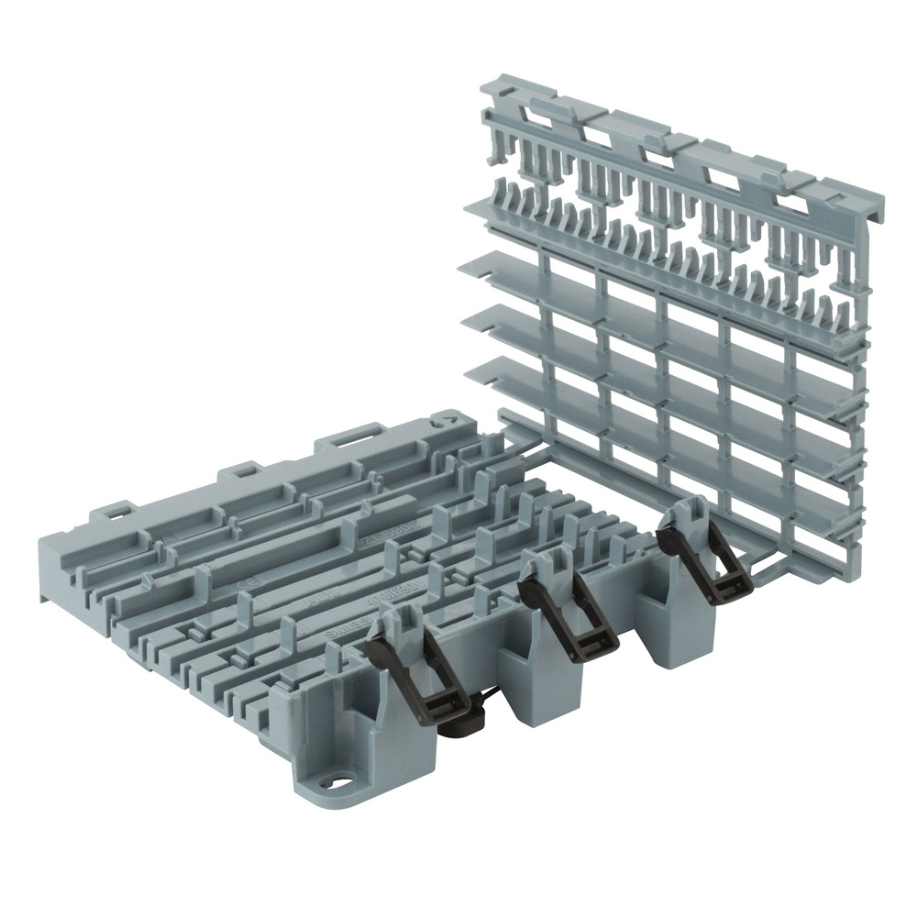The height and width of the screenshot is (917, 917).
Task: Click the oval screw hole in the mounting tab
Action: click(340, 785)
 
